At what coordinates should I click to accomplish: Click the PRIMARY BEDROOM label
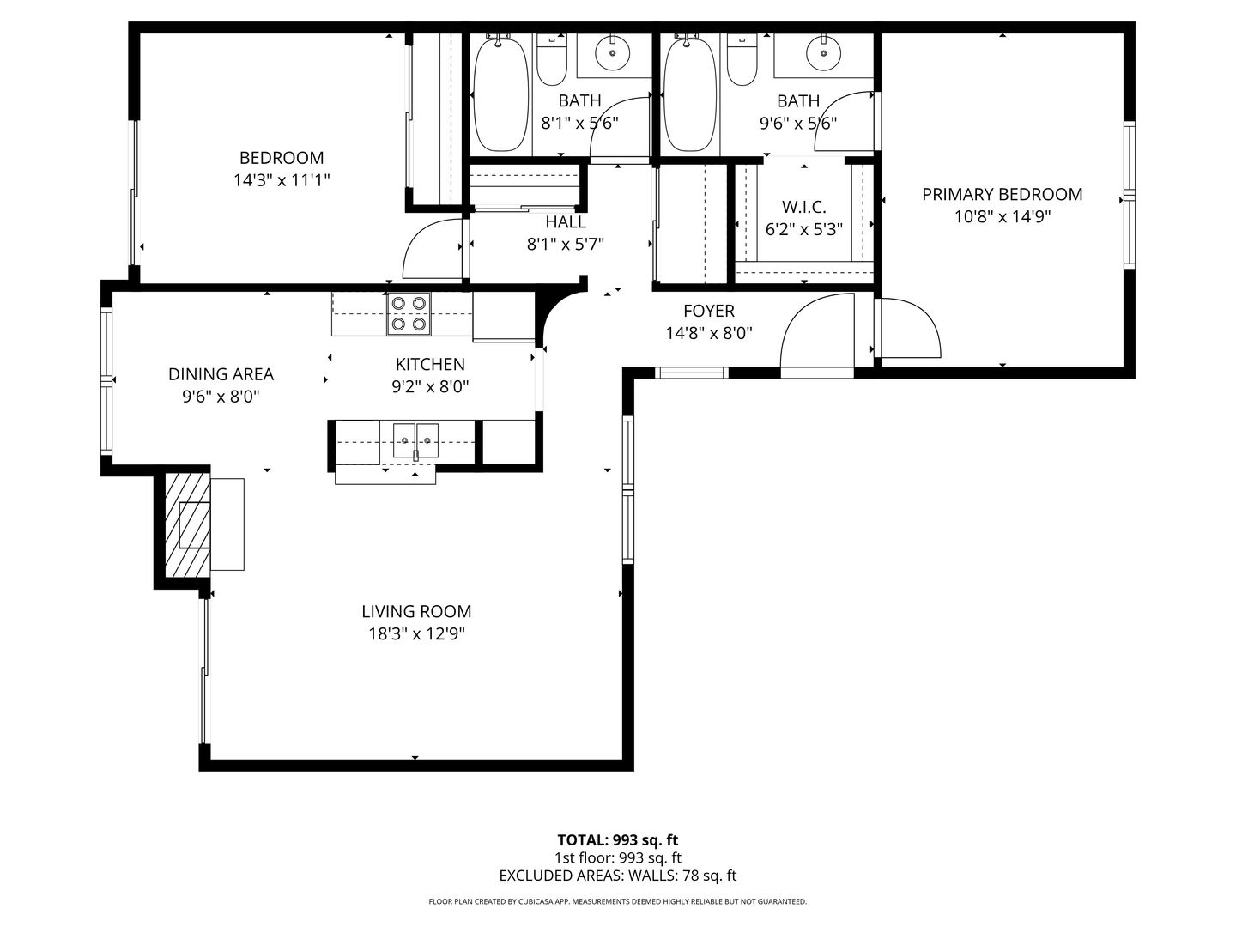click(x=1002, y=194)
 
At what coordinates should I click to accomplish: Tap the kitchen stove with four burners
click(x=409, y=313)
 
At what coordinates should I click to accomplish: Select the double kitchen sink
click(x=415, y=440)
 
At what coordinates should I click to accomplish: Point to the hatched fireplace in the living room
click(x=187, y=524)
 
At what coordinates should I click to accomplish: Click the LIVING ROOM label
click(x=416, y=611)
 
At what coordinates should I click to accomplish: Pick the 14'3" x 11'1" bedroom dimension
click(x=282, y=180)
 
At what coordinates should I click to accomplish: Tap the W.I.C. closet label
click(x=803, y=207)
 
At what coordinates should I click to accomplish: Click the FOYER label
click(x=709, y=311)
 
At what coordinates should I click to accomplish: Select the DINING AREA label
click(x=221, y=374)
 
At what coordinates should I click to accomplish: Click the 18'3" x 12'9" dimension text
click(x=416, y=634)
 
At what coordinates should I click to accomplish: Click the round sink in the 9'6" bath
click(x=823, y=53)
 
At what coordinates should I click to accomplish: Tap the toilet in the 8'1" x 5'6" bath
click(x=551, y=60)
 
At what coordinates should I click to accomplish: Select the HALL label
click(x=566, y=222)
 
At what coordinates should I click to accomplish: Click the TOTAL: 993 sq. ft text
click(x=618, y=840)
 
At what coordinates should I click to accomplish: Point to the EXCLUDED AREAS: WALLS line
click(x=618, y=875)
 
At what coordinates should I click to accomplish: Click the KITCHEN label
click(x=430, y=365)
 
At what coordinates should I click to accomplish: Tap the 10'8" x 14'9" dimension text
click(x=1003, y=216)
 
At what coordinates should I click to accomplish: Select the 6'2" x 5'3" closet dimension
click(x=803, y=230)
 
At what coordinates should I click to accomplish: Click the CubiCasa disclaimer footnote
click(x=618, y=901)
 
